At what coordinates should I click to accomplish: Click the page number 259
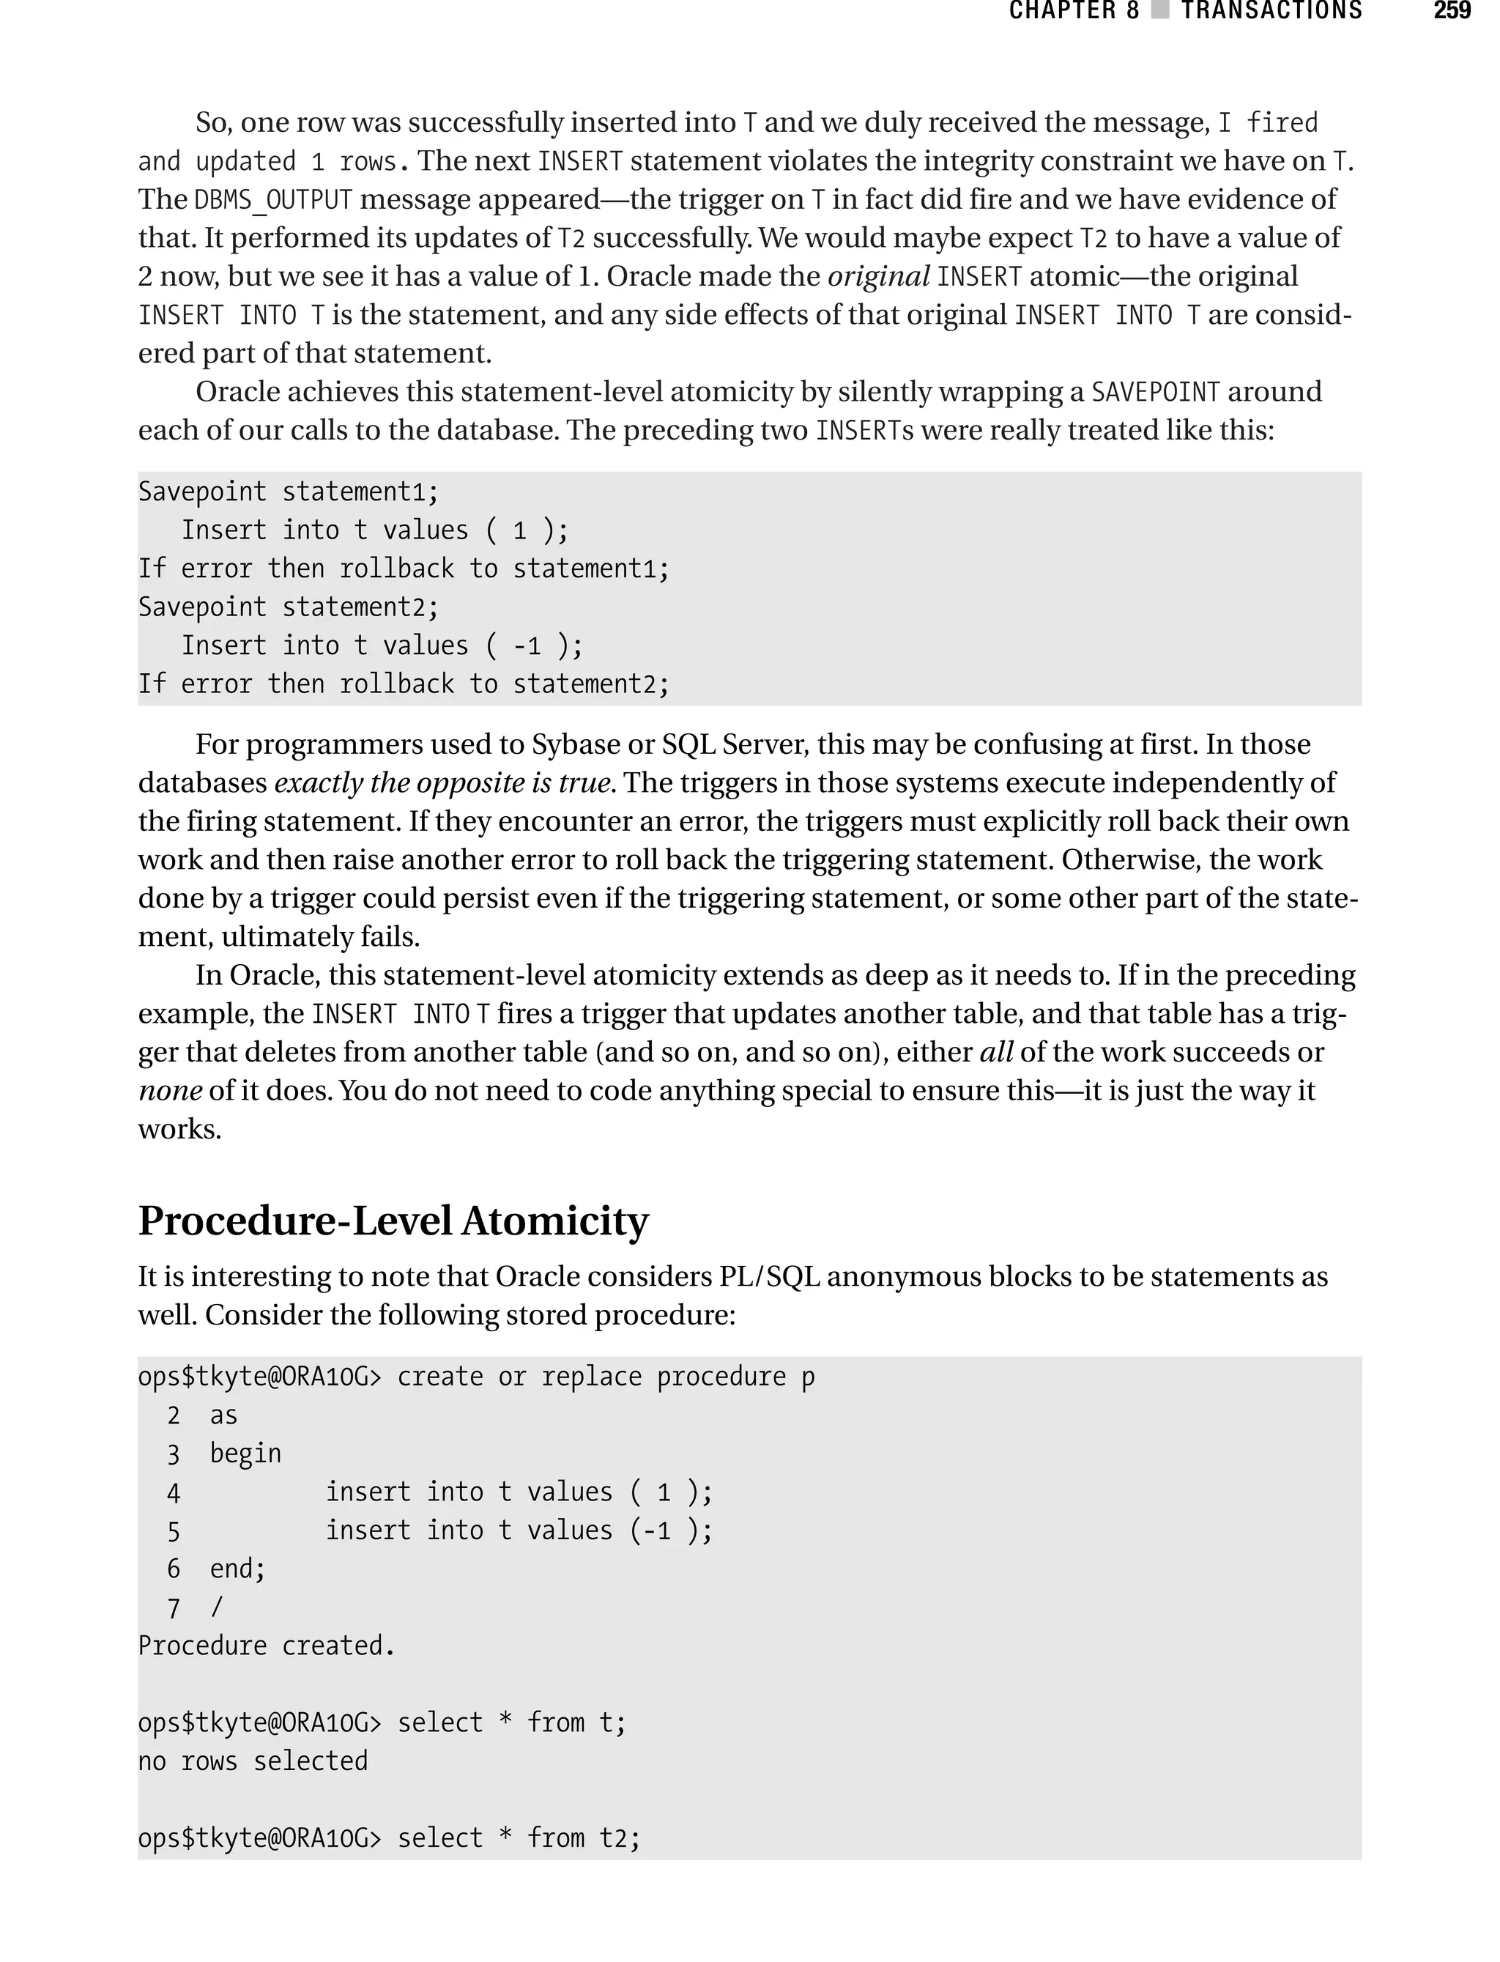pos(1452,11)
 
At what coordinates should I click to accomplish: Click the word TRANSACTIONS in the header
pos(1271,11)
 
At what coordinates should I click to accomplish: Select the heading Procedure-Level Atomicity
pos(393,1221)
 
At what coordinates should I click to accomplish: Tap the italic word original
pos(879,276)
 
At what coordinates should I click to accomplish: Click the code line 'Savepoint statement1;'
pos(289,492)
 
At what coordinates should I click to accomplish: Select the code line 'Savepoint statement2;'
pos(289,607)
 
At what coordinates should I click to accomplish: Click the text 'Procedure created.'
pos(266,1646)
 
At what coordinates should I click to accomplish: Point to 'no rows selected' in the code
pos(253,1761)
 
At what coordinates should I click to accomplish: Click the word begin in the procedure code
pos(245,1454)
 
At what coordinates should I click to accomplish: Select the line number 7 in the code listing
pos(173,1608)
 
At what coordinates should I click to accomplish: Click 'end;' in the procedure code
pos(237,1569)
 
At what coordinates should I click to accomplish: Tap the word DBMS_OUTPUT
pos(273,199)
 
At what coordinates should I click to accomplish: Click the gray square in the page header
pos(1160,11)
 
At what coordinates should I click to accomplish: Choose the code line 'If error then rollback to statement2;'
pos(404,684)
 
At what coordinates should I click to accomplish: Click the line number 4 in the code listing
pos(173,1493)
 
